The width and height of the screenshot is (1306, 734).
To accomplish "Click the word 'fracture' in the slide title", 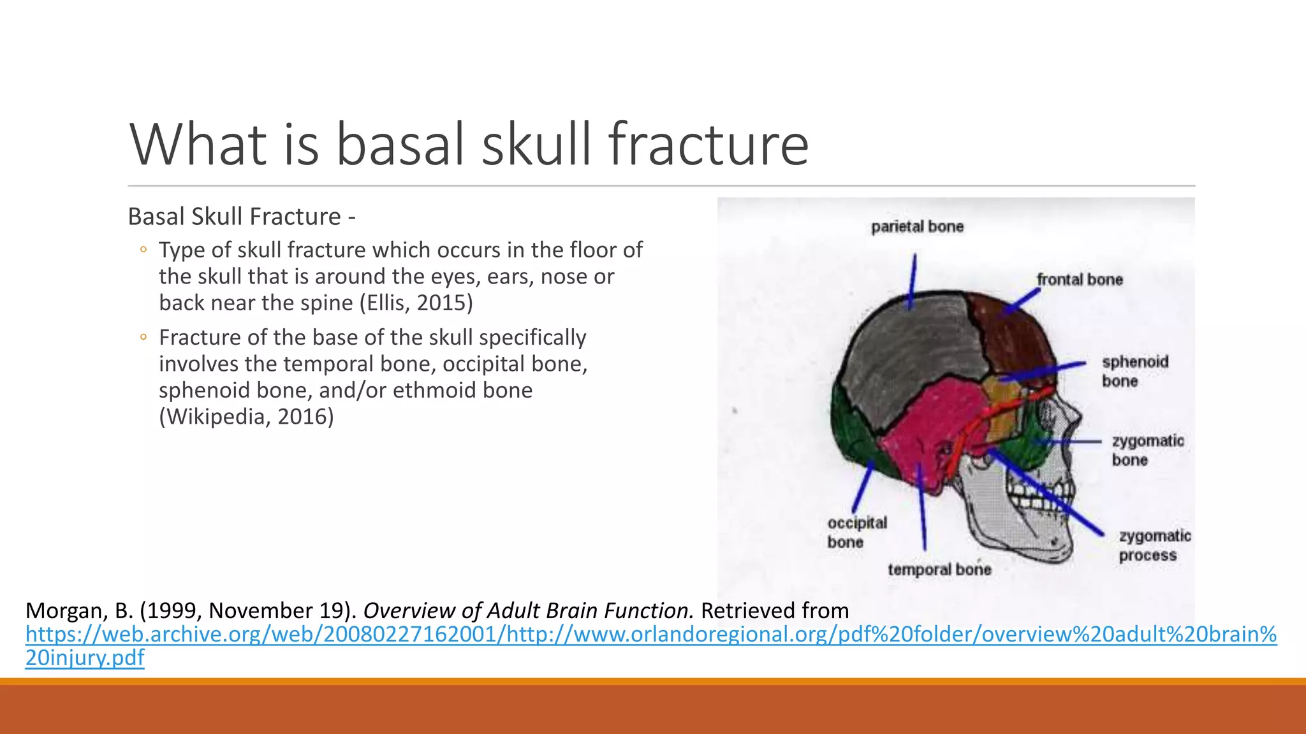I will tap(708, 145).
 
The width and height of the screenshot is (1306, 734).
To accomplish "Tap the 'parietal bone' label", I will tap(917, 227).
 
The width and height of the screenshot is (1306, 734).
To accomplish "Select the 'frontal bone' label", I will tap(1079, 280).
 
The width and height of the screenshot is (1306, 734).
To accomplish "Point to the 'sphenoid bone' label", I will tap(1134, 371).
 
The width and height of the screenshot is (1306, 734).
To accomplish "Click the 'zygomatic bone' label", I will tap(1147, 450).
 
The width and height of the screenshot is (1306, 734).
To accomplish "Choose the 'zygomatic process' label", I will tap(1154, 545).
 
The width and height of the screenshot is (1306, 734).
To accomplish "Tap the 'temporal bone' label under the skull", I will tap(939, 569).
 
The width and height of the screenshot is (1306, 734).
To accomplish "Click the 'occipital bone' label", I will tap(856, 532).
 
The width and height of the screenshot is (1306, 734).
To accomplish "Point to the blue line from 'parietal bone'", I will tap(913, 280).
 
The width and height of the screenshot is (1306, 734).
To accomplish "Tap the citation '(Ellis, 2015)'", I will tap(416, 303).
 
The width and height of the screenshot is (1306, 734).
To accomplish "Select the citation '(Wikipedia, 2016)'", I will tap(246, 417).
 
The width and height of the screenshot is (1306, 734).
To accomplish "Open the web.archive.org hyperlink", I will tap(650, 635).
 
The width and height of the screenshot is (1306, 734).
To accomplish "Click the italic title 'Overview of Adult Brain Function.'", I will tap(528, 610).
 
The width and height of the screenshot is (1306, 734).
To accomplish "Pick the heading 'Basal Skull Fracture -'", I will tap(241, 217).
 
